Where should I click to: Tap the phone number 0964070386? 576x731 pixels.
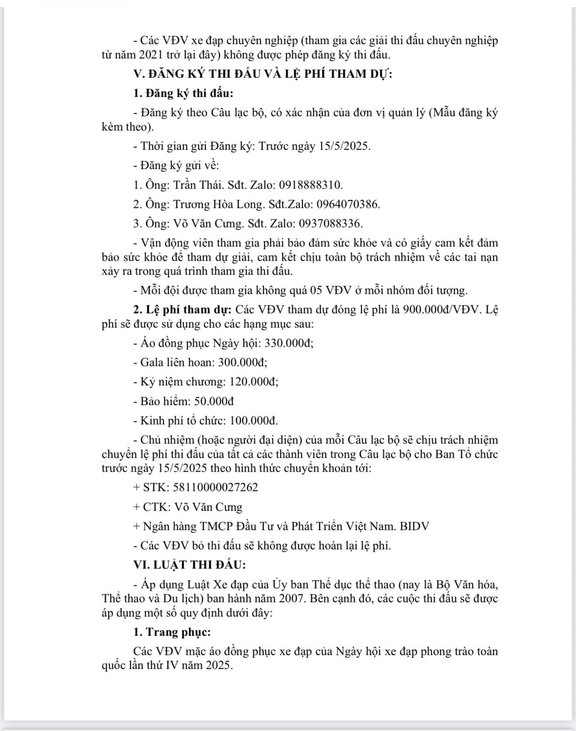pyautogui.click(x=348, y=204)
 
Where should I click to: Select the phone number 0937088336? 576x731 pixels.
pyautogui.click(x=330, y=224)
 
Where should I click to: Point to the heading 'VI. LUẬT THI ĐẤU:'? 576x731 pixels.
pyautogui.click(x=190, y=565)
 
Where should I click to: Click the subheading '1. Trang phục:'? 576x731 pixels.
pyautogui.click(x=172, y=632)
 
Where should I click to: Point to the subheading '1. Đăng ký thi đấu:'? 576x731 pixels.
pyautogui.click(x=183, y=93)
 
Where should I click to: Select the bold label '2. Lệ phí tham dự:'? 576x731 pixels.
pyautogui.click(x=182, y=310)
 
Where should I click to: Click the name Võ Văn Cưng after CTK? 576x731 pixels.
pyautogui.click(x=208, y=507)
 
